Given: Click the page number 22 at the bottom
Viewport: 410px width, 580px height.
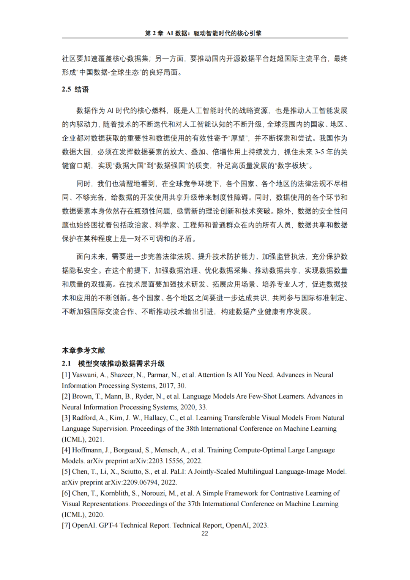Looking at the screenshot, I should [x=205, y=534].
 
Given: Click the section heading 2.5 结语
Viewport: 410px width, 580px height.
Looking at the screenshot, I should [x=75, y=89].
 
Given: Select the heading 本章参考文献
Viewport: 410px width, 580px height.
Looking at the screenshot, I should [x=83, y=350].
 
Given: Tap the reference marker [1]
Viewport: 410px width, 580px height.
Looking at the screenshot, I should [x=66, y=375].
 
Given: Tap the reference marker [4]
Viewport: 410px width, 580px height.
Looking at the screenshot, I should [x=66, y=450].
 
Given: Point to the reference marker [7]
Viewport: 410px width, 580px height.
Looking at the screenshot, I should [x=66, y=525].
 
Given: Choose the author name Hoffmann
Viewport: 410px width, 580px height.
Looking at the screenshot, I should [x=88, y=450].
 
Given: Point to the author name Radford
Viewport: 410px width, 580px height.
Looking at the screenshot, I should [x=84, y=418].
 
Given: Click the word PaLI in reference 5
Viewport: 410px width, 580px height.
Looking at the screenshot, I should [x=177, y=472].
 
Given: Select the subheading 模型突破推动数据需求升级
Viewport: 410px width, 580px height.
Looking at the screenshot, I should [x=121, y=363].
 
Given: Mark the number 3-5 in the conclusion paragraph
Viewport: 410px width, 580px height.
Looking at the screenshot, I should [x=320, y=152].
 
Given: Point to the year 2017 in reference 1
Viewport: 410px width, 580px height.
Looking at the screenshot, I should [x=166, y=386].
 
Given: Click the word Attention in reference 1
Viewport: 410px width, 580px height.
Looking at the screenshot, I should [x=211, y=375].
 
